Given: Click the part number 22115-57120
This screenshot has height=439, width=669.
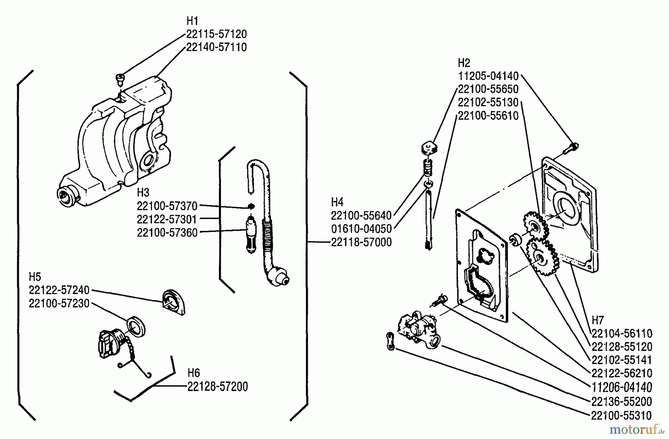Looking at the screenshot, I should pyautogui.click(x=216, y=34).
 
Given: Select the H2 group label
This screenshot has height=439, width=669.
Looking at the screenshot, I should pyautogui.click(x=464, y=63).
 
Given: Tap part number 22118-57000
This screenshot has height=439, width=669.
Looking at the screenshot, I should pyautogui.click(x=361, y=242).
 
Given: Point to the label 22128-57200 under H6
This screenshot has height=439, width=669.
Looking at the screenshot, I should pyautogui.click(x=217, y=387).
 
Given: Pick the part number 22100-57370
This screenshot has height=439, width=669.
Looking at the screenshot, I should pyautogui.click(x=167, y=206).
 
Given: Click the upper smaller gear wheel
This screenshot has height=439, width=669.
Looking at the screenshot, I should pyautogui.click(x=534, y=225).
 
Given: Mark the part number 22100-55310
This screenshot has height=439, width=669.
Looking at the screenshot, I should pyautogui.click(x=621, y=415).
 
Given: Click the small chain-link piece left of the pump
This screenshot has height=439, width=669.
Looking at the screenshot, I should pyautogui.click(x=390, y=341).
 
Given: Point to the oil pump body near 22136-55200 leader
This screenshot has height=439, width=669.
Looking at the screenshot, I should pyautogui.click(x=418, y=329).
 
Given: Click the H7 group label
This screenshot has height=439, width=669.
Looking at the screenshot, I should pyautogui.click(x=598, y=320).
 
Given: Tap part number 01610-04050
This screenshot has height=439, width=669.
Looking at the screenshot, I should pyautogui.click(x=361, y=229).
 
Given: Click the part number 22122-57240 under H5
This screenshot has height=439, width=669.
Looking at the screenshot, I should pyautogui.click(x=59, y=290).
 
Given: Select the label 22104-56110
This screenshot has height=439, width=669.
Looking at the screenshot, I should pyautogui.click(x=621, y=333).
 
